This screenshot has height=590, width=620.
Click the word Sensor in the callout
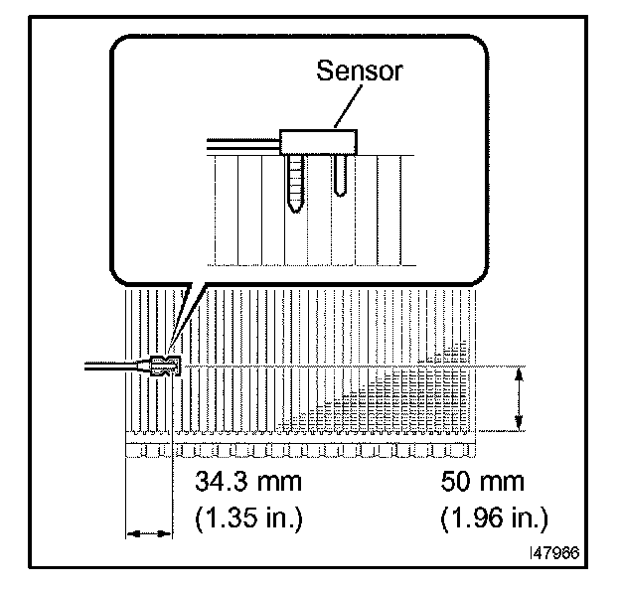coord(360,72)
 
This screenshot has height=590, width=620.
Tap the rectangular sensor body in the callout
coord(318,142)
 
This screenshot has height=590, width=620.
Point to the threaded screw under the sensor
coord(295,184)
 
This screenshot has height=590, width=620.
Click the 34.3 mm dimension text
coord(248,482)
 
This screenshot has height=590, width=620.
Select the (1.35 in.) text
coord(248,517)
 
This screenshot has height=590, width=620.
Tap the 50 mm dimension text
coord(483,482)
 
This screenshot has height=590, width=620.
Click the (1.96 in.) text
coord(494,517)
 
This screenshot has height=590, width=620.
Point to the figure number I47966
coord(554,553)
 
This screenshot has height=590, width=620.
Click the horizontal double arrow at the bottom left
coord(149,534)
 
